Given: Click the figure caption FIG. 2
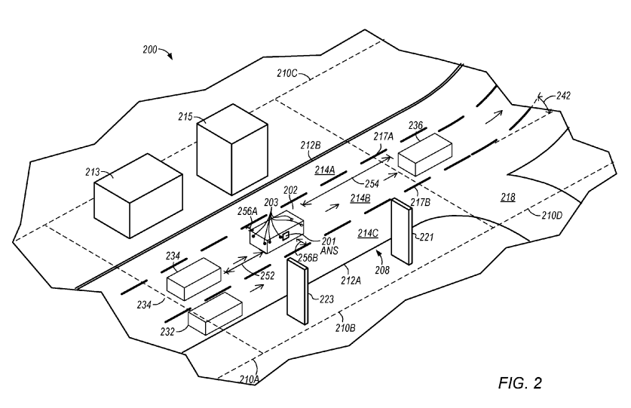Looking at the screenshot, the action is point(520,382).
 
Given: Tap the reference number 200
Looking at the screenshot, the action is point(150,50).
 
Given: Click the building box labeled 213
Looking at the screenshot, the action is point(138,195).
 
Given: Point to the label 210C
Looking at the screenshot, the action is point(287,73).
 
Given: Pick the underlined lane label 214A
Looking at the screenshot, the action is point(325,170).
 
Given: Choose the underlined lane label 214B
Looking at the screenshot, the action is point(360,198).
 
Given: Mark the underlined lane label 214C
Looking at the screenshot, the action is point(368,233).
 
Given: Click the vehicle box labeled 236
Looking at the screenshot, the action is point(424,155).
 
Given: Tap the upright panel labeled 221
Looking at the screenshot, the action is point(402,232).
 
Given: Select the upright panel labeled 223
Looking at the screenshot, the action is point(297,291).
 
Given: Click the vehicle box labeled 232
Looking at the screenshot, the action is point(216,314).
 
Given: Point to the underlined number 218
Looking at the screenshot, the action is point(508,197).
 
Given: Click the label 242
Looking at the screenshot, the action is point(563,96).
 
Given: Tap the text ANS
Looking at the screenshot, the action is point(329,250).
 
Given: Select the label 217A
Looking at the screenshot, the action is point(383,137).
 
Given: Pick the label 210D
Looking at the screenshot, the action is point(551,216).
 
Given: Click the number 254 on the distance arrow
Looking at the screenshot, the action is point(372,184).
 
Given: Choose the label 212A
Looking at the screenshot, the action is point(351,281).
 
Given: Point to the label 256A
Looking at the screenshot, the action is point(247,211).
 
